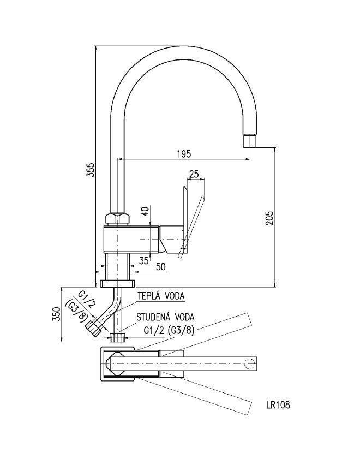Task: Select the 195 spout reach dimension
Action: pos(184,154)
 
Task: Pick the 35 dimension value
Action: pos(143,260)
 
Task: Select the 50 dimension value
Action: pos(160,266)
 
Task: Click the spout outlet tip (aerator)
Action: pos(249,142)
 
